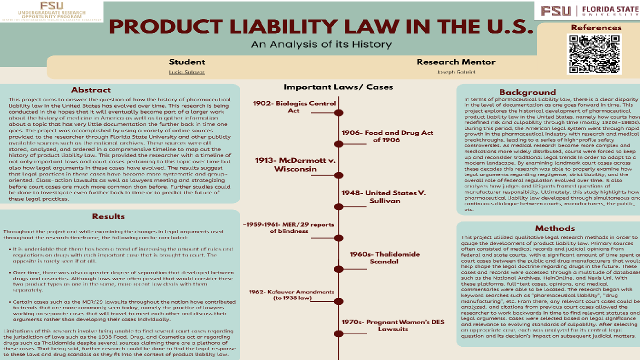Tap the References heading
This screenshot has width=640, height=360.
point(595,27)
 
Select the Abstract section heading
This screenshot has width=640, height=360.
point(90,90)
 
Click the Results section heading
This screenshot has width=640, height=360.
point(108,216)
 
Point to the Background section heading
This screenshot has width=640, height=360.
point(527,92)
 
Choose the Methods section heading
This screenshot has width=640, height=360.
point(547,228)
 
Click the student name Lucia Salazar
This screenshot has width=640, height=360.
point(186,72)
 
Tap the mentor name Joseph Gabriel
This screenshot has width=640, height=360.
point(455,72)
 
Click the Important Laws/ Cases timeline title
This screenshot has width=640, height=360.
point(338,87)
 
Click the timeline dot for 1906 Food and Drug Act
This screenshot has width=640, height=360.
point(339,144)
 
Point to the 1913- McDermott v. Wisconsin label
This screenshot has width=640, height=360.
point(295,164)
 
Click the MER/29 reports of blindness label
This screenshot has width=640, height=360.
point(288,227)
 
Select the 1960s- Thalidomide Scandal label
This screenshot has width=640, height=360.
point(384,257)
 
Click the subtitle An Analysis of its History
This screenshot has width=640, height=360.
point(321,44)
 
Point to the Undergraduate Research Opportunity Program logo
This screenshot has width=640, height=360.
point(51,11)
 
